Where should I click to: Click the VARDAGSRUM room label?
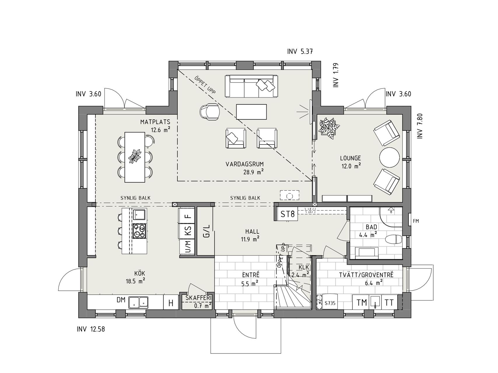(244, 164)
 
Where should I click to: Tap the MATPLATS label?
(155, 122)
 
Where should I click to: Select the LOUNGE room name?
(350, 158)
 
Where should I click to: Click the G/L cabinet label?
(206, 231)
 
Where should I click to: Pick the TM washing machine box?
(361, 303)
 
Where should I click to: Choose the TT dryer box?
(389, 303)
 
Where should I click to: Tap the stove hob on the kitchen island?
(139, 231)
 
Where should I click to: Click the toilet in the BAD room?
(394, 240)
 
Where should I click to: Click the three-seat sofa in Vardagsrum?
(251, 86)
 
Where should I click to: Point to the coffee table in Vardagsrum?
(251, 112)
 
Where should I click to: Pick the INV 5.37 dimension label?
(300, 52)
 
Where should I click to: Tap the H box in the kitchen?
(171, 303)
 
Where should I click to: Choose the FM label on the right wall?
(416, 221)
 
